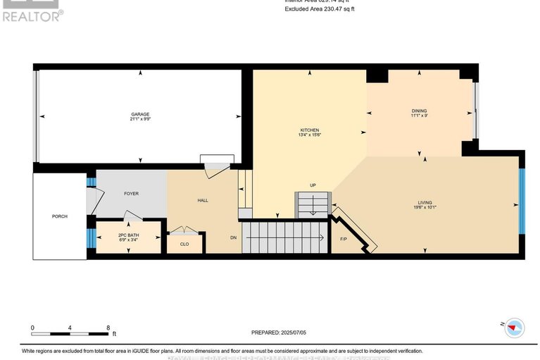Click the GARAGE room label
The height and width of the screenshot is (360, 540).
[x=140, y=114]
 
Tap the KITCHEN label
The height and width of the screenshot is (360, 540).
[x=310, y=130]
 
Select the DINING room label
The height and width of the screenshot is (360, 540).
[x=420, y=111]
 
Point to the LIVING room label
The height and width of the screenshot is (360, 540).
[x=425, y=202]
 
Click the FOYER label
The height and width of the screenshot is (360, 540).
[x=132, y=192]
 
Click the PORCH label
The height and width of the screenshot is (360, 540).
[x=59, y=216]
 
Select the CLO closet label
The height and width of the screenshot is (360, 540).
[x=184, y=244]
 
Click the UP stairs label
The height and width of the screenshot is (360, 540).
[x=313, y=185]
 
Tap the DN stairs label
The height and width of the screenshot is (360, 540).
[x=234, y=237]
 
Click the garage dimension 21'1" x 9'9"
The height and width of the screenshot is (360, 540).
[x=140, y=120]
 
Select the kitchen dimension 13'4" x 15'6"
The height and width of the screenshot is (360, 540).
[x=310, y=136]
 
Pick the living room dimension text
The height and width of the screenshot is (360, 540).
[x=425, y=208]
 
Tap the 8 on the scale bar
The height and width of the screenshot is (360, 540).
[x=108, y=328]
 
